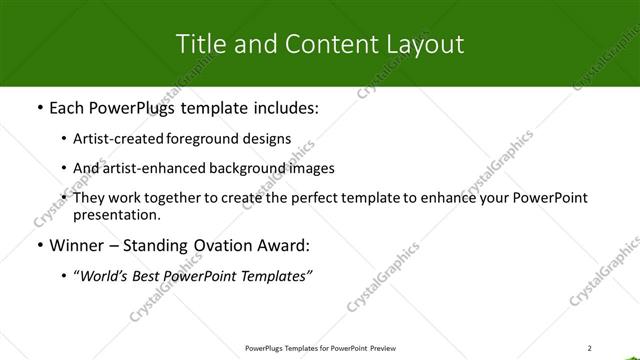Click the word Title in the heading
click(199, 44)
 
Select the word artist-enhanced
click(151, 168)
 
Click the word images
click(310, 168)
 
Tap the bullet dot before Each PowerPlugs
click(38, 107)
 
